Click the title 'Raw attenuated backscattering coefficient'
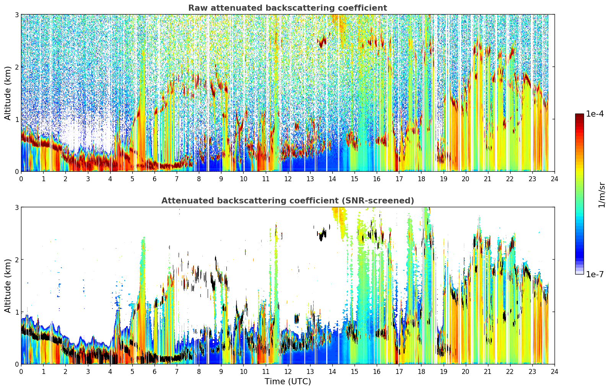pyautogui.click(x=288, y=8)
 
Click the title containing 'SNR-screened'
pyautogui.click(x=288, y=201)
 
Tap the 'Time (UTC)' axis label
pyautogui.click(x=288, y=381)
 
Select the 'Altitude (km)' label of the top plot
pyautogui.click(x=8, y=93)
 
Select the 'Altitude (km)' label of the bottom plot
pyautogui.click(x=8, y=286)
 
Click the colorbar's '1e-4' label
pyautogui.click(x=595, y=114)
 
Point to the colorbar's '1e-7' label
pyautogui.click(x=595, y=274)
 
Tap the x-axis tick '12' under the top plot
pyautogui.click(x=288, y=179)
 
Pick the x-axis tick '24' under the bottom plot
pyautogui.click(x=555, y=372)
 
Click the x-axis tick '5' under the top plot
pyautogui.click(x=132, y=179)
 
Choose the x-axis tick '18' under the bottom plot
pyautogui.click(x=421, y=372)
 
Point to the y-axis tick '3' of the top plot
pyautogui.click(x=16, y=15)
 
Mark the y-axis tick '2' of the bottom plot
pyautogui.click(x=16, y=260)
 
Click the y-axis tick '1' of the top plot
pyautogui.click(x=16, y=119)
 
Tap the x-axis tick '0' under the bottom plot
pyautogui.click(x=21, y=372)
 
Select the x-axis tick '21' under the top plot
pyautogui.click(x=488, y=179)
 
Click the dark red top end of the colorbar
pyautogui.click(x=579, y=115)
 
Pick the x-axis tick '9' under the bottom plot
pyautogui.click(x=221, y=372)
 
